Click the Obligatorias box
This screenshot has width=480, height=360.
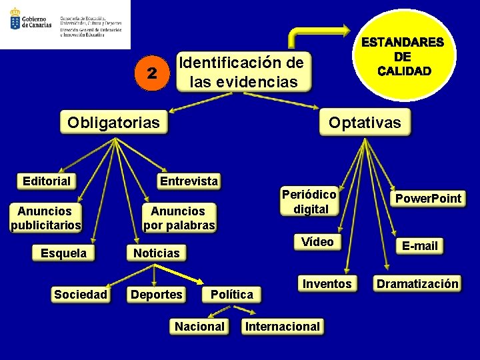click(113, 123)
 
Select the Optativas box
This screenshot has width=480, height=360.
click(365, 123)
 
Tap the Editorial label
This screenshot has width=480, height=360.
click(47, 181)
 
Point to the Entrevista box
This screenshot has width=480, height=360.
click(189, 181)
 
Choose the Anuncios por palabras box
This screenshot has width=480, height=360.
click(179, 218)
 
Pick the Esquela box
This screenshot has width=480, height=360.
click(64, 253)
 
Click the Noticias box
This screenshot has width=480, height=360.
click(156, 253)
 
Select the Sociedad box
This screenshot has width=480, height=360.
click(81, 294)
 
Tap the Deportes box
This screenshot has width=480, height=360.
click(157, 294)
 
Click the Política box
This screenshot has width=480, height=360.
click(231, 294)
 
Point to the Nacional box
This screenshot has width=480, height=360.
click(199, 327)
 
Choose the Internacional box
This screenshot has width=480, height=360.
click(283, 327)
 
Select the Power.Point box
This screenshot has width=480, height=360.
click(428, 198)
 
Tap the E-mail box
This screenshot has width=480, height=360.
click(420, 246)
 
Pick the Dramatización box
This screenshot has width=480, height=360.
click(418, 284)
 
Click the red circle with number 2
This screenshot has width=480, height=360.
click(153, 73)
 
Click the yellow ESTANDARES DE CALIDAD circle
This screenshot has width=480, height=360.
click(403, 56)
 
